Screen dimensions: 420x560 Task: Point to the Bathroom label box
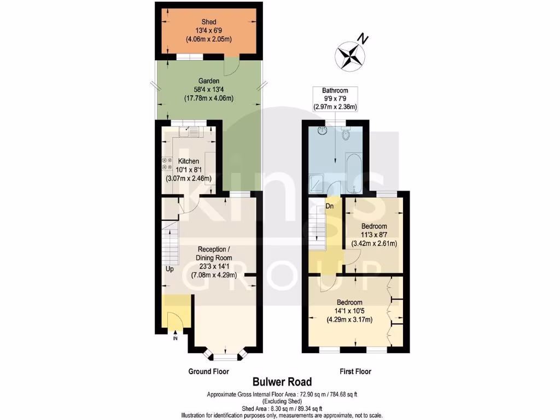click(x=335, y=99)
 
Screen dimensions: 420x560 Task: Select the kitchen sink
click(x=193, y=131)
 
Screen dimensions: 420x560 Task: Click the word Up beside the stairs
click(x=170, y=269)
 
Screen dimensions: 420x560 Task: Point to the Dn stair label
click(x=330, y=207)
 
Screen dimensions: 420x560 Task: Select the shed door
click(x=233, y=66)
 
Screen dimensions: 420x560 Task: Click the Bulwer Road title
click(x=282, y=382)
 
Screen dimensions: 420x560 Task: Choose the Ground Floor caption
click(x=208, y=371)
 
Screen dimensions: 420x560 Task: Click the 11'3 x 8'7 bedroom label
click(x=374, y=235)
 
